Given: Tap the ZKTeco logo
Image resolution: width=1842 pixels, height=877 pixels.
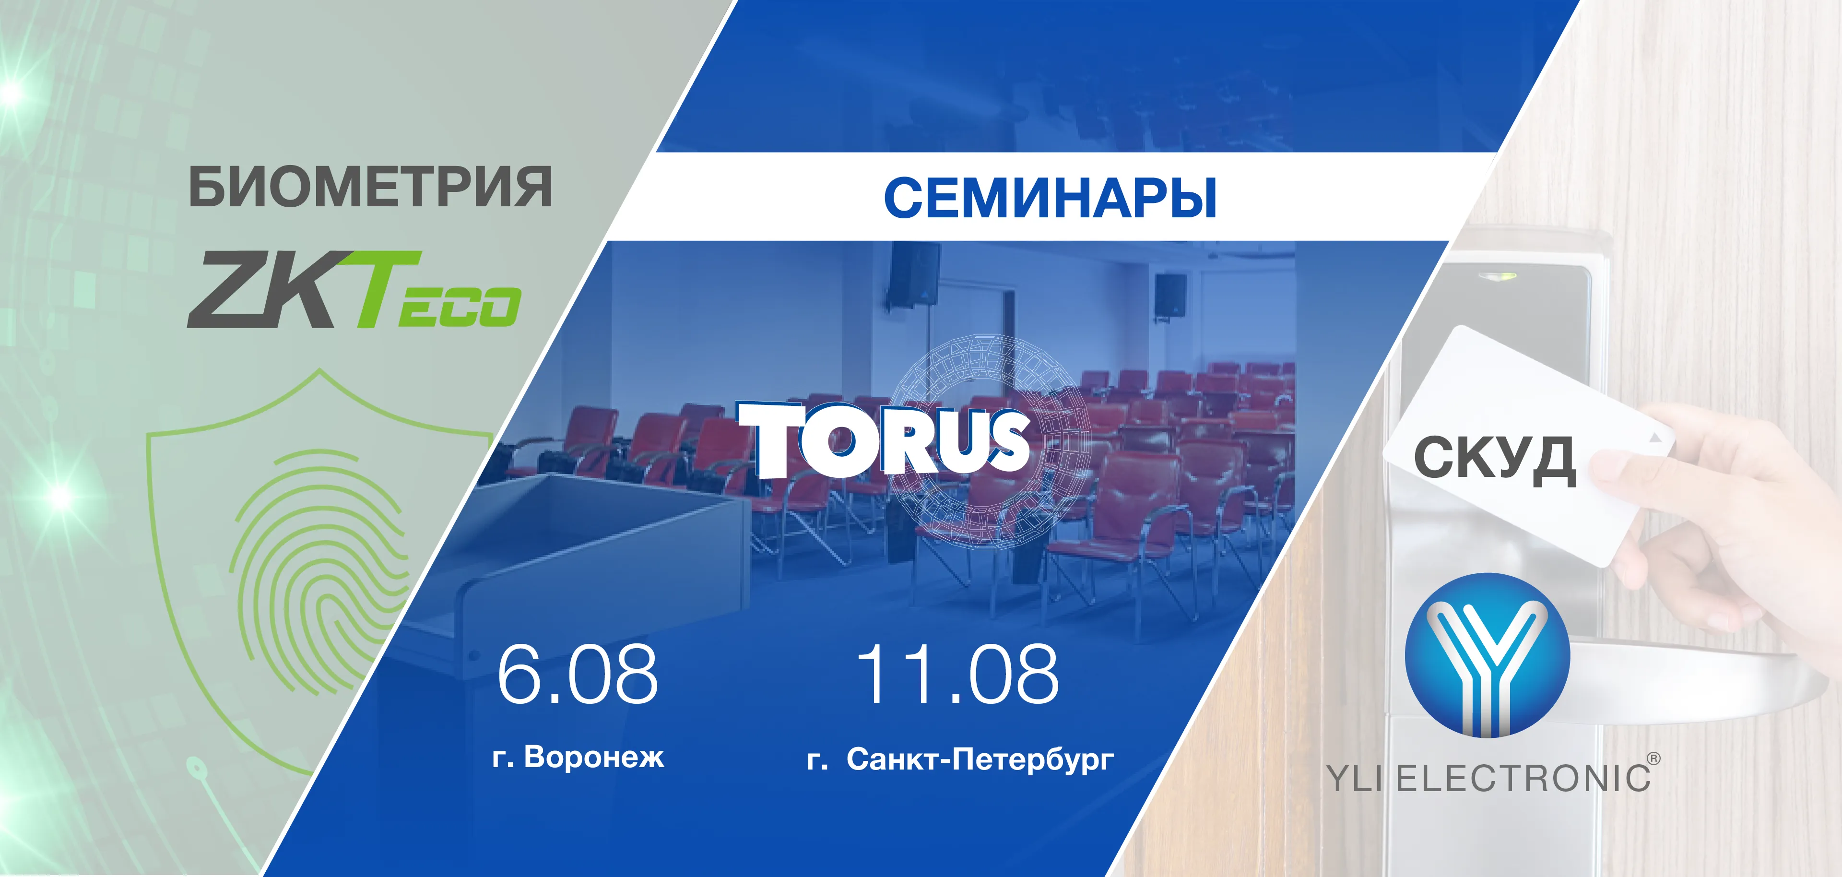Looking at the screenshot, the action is (353, 290).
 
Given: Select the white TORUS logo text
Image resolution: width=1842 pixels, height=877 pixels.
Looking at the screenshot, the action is (883, 438).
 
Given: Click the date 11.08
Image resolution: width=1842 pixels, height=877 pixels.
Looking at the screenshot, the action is (957, 674).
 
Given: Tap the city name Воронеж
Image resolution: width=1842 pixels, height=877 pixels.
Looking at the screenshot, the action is (594, 757).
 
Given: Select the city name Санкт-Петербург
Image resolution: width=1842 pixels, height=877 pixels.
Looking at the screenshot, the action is (980, 759).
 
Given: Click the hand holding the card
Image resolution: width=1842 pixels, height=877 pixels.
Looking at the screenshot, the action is (1716, 522).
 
